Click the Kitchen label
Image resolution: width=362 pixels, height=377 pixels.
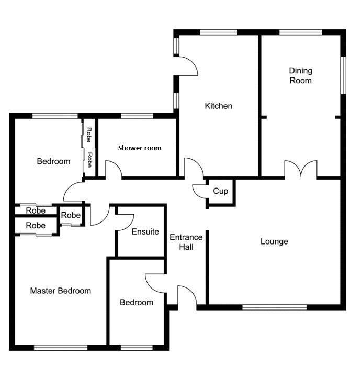[x=219, y=106]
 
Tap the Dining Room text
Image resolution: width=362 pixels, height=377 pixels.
[x=301, y=75]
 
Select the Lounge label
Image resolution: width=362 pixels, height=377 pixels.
[x=274, y=241]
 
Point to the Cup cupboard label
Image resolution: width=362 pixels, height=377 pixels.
[x=221, y=191]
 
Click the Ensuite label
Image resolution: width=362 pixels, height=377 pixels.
[x=145, y=231]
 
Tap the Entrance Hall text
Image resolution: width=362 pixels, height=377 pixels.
[x=186, y=242]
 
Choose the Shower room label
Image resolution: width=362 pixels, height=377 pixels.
[x=140, y=148]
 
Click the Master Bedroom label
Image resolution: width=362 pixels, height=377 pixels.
[x=61, y=291]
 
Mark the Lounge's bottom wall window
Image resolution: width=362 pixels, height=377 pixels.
[x=275, y=307]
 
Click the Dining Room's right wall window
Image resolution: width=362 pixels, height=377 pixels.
[x=344, y=75]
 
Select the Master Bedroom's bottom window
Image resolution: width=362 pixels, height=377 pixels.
[x=61, y=348]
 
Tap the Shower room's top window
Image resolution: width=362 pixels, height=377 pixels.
[x=137, y=116]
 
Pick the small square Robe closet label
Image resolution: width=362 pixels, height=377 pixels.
[x=71, y=215]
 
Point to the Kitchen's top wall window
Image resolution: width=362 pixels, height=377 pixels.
[x=219, y=32]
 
